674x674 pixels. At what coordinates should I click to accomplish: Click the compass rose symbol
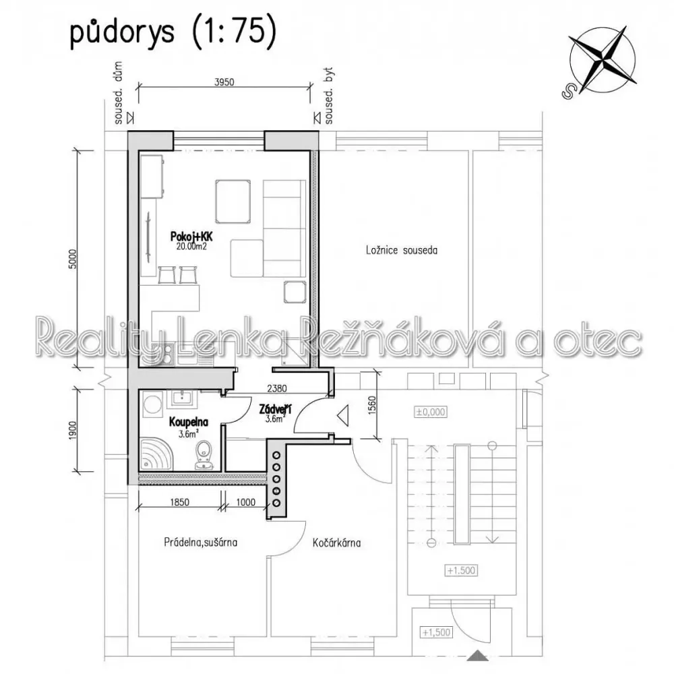tap(602, 61)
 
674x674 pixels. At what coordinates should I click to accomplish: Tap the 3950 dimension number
tap(224, 82)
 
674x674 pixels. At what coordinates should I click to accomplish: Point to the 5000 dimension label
tap(73, 259)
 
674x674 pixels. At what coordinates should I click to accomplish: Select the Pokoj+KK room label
tap(191, 237)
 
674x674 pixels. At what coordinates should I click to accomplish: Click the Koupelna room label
tap(188, 422)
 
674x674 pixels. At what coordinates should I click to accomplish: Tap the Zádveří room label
tap(275, 410)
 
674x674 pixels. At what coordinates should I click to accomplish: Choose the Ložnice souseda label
tap(402, 250)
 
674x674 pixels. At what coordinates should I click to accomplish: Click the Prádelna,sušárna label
tap(200, 542)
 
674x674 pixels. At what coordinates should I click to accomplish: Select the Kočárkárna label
tap(336, 543)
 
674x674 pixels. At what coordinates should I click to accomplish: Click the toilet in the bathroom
tap(203, 456)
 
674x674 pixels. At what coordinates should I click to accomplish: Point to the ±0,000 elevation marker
tap(430, 412)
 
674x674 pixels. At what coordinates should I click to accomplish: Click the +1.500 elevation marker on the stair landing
tap(461, 570)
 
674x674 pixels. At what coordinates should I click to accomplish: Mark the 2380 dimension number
tap(277, 389)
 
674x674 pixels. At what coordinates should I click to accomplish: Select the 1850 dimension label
tap(180, 502)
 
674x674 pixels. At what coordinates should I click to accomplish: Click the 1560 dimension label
tap(372, 405)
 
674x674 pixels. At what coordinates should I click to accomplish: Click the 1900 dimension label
tap(73, 430)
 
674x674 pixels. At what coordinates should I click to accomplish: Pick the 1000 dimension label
tap(246, 502)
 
